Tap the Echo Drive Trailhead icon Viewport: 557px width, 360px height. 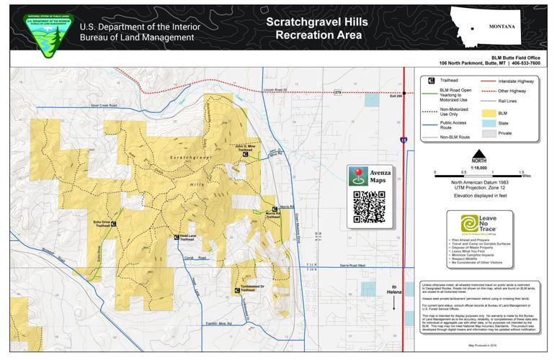point(114,224)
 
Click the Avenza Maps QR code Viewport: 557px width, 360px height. point(369,207)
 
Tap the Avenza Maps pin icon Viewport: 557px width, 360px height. point(360,176)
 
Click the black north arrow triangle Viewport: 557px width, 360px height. point(478,153)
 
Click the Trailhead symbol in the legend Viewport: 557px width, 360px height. point(432,81)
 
